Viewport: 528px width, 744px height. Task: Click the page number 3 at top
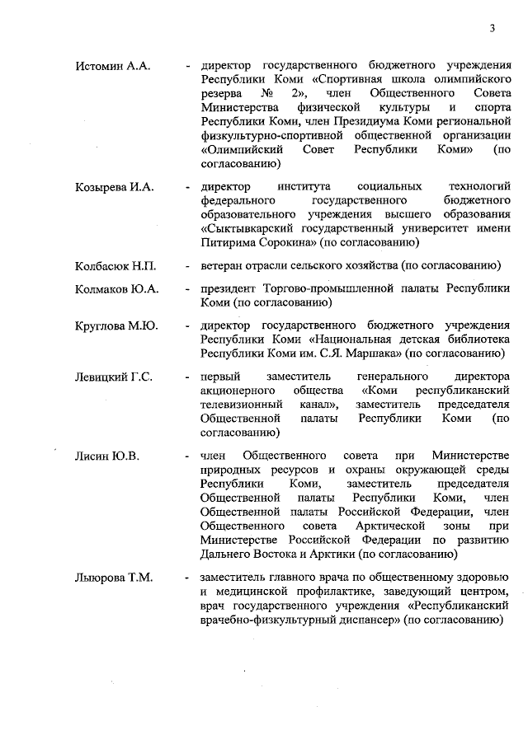point(492,30)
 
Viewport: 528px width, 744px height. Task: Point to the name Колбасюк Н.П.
point(115,266)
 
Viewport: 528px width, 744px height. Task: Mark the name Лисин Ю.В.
point(108,456)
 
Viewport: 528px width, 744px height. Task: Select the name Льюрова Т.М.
point(114,578)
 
